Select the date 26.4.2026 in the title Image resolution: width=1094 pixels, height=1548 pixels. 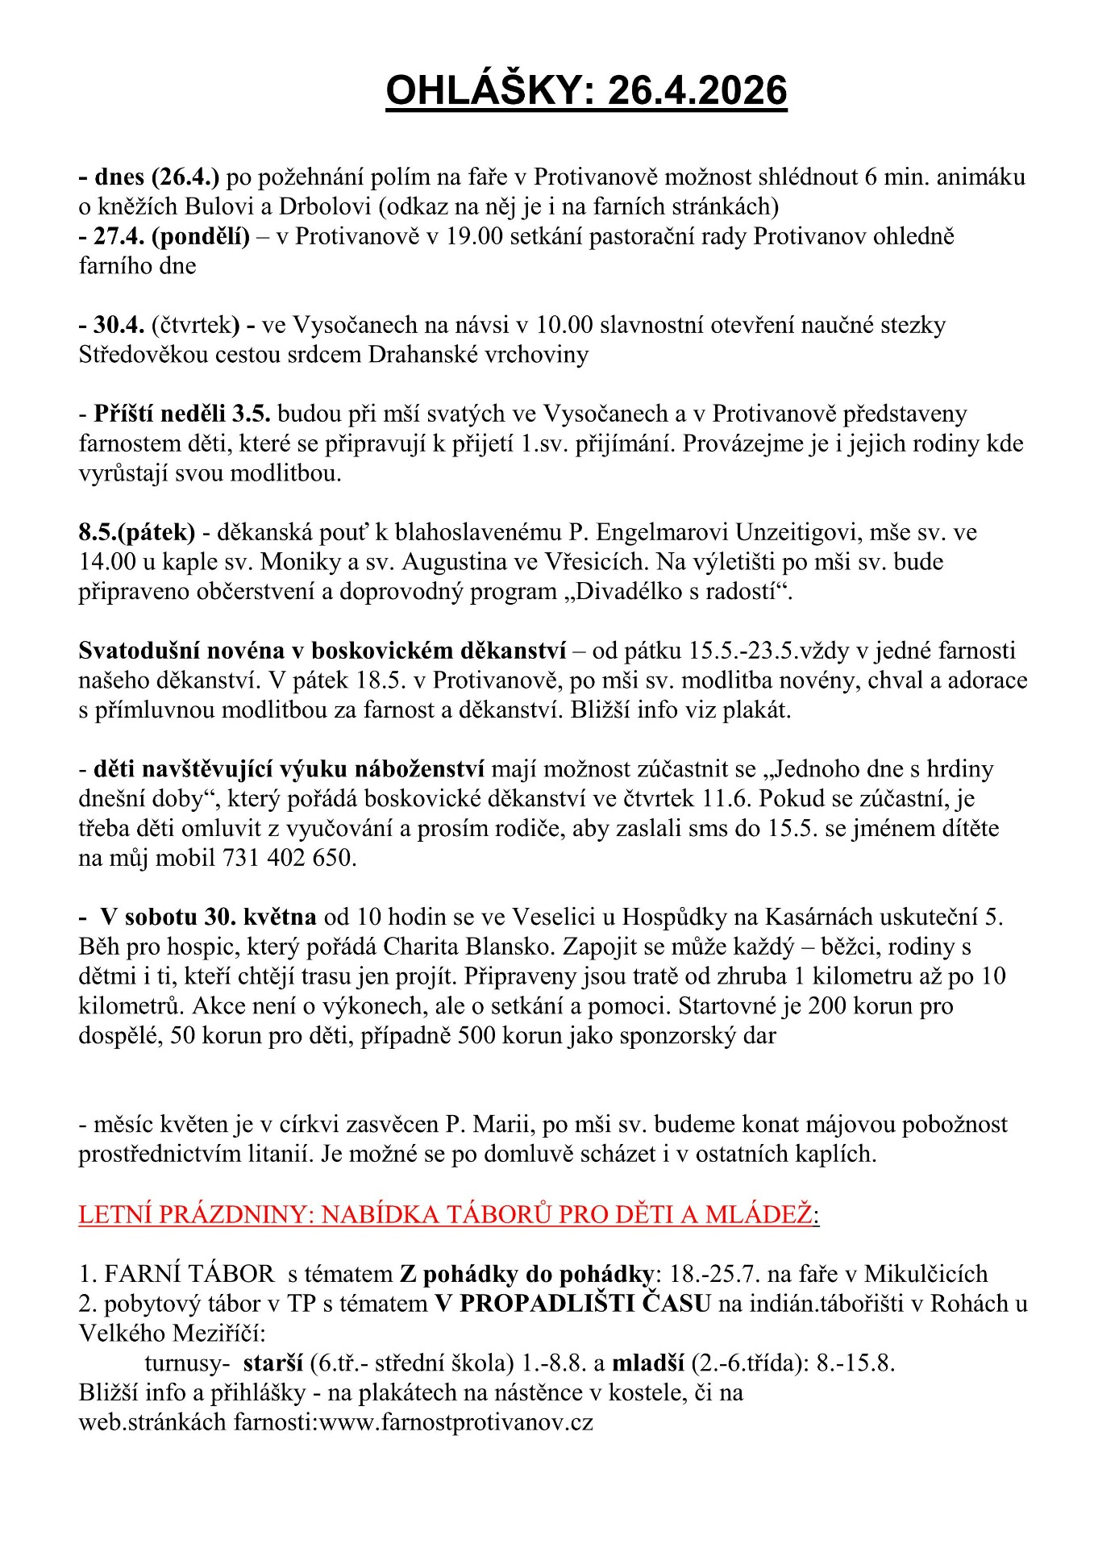[697, 90]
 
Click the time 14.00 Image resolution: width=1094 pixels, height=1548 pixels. [107, 561]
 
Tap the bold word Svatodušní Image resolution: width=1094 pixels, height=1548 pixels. [141, 651]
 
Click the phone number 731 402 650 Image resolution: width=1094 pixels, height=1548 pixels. [289, 858]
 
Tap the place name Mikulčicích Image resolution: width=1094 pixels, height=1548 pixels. [925, 1274]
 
